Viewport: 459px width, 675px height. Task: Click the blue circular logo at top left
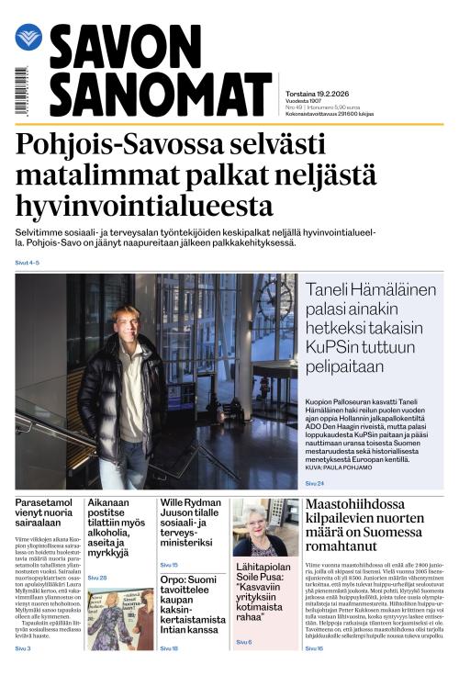coord(28,38)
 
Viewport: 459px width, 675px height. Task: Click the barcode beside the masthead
coord(21,91)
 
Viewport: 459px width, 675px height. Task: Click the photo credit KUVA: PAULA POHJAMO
coord(341,467)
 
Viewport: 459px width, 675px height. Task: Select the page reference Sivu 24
coord(315,482)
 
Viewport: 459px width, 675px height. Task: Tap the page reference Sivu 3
coord(23,649)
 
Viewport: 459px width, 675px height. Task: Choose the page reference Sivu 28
coord(97,578)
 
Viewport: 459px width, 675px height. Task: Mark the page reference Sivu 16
coord(314,648)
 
